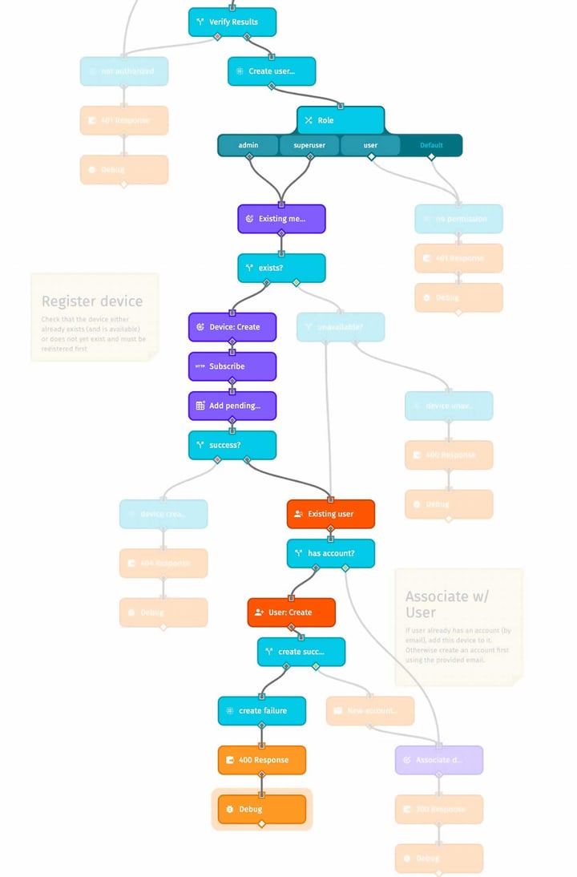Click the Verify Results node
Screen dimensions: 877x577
pyautogui.click(x=232, y=22)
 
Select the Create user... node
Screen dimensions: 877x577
pyautogui.click(x=272, y=71)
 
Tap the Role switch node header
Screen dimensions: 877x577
pyautogui.click(x=340, y=120)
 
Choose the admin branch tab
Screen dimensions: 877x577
pyautogui.click(x=248, y=145)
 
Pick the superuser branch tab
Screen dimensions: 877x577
pyautogui.click(x=309, y=145)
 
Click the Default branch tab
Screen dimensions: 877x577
pyautogui.click(x=431, y=145)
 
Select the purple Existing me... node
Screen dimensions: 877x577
pyautogui.click(x=281, y=219)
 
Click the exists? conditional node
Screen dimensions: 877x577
pyautogui.click(x=281, y=268)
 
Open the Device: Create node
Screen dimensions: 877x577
pyautogui.click(x=232, y=327)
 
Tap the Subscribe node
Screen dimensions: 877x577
pyautogui.click(x=232, y=366)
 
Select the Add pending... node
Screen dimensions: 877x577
pyautogui.click(x=232, y=406)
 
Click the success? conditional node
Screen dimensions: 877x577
pyautogui.click(x=232, y=445)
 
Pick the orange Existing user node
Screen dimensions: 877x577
pyautogui.click(x=330, y=514)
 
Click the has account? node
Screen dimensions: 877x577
pyautogui.click(x=330, y=553)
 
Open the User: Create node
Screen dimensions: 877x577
pyautogui.click(x=291, y=612)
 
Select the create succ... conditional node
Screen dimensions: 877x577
pyautogui.click(x=301, y=652)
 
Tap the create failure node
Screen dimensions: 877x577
pyautogui.click(x=262, y=711)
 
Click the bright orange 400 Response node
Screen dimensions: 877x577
pyautogui.click(x=262, y=760)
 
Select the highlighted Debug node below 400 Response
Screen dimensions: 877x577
pyautogui.click(x=262, y=810)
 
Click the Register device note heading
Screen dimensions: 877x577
pyautogui.click(x=92, y=301)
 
